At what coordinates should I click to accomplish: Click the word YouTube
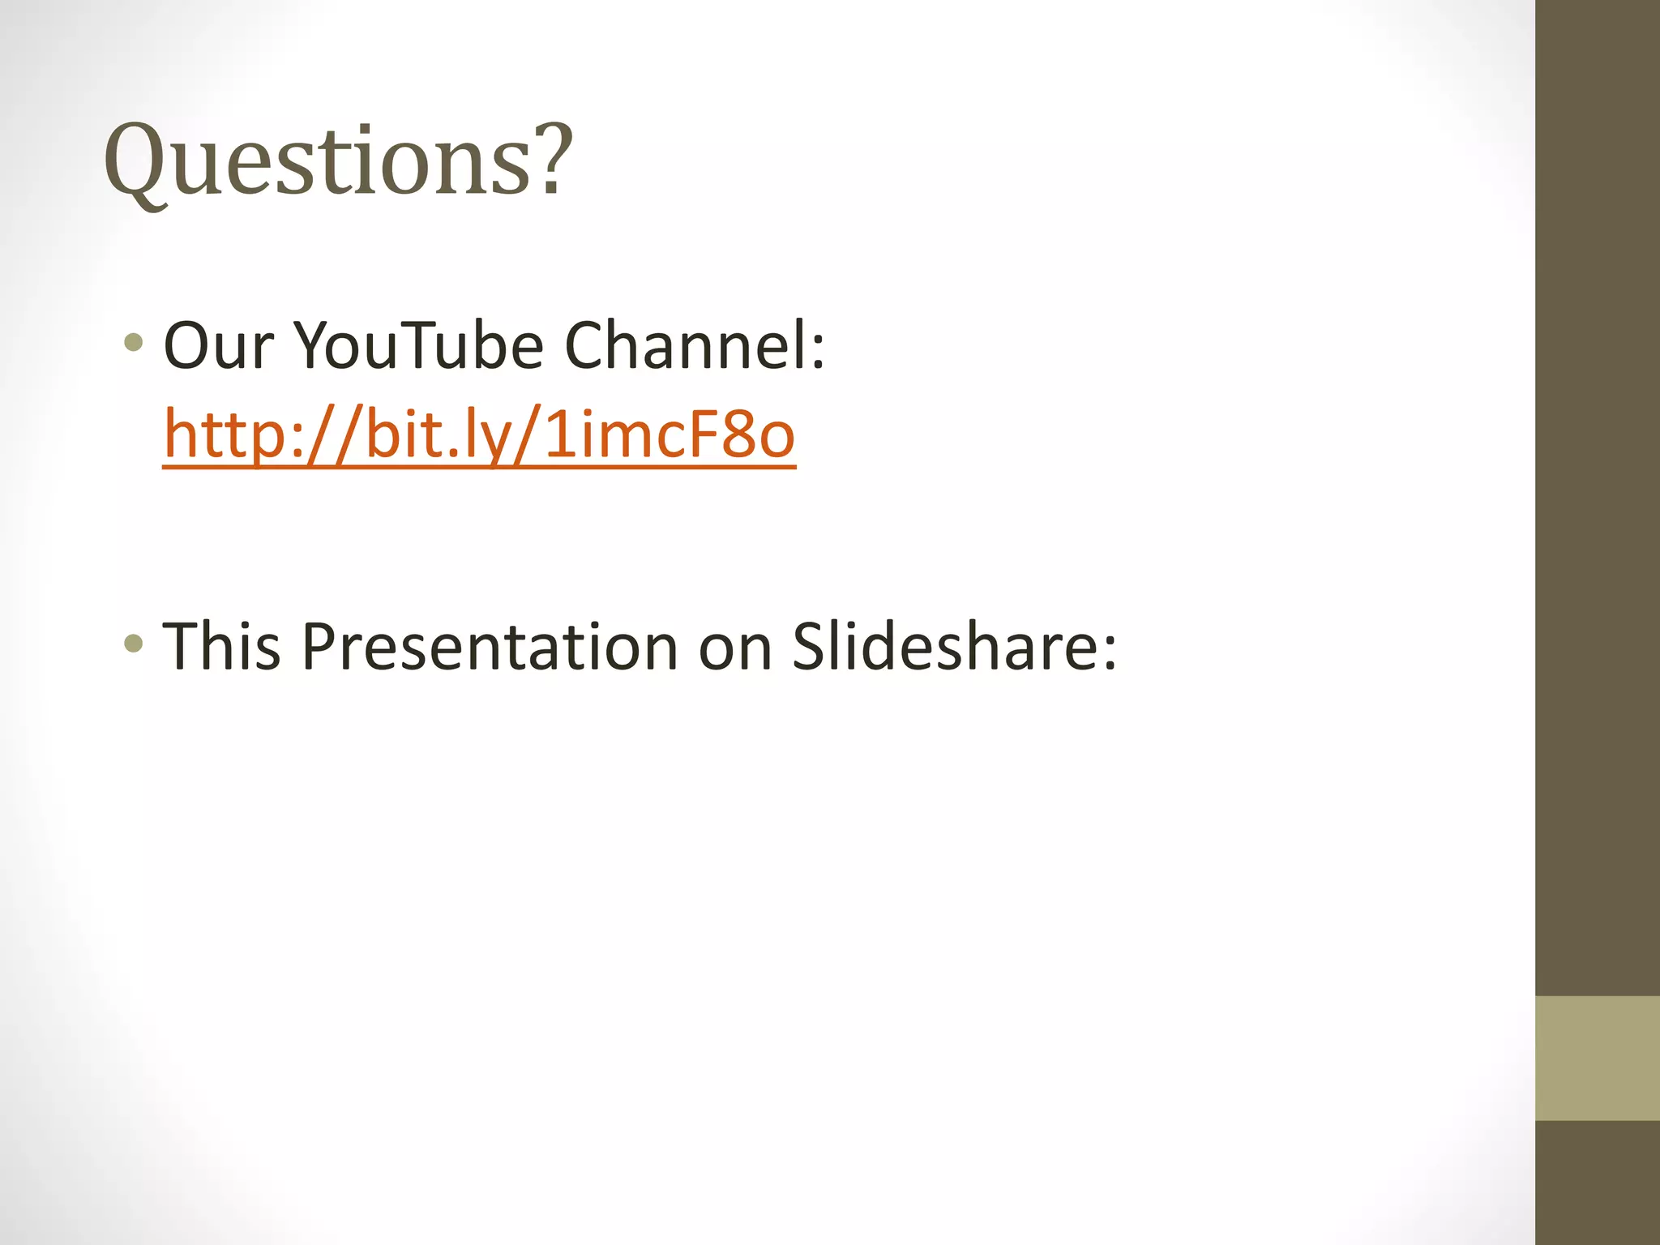click(x=418, y=346)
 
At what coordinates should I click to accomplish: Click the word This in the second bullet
click(x=221, y=647)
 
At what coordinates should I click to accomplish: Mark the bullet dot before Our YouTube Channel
click(x=134, y=343)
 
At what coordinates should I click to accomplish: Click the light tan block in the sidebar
click(x=1598, y=1059)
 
